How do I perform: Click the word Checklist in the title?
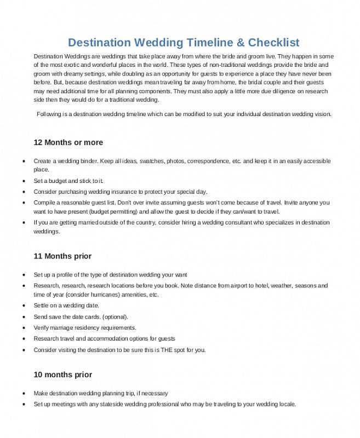(273, 43)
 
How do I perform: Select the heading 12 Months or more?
(68, 142)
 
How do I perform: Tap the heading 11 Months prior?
(62, 256)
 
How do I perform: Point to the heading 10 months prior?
(62, 375)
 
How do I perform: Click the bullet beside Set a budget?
(23, 181)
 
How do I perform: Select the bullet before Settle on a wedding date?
(23, 306)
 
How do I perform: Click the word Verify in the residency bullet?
(42, 327)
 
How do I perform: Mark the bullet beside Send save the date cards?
(23, 317)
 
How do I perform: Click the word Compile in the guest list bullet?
(44, 203)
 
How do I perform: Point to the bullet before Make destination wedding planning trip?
(23, 394)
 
